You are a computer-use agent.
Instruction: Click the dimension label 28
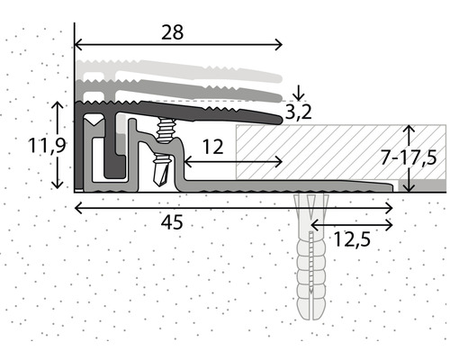pos(172,32)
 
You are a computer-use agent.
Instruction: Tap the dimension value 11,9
pos(47,146)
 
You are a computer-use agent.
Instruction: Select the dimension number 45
pos(172,222)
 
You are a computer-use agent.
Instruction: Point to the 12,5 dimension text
pos(352,239)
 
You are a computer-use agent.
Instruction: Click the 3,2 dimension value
pos(298,112)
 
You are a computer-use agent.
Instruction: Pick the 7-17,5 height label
pos(409,157)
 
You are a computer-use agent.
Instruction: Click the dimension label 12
pos(213,147)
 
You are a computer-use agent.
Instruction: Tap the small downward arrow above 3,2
pos(298,93)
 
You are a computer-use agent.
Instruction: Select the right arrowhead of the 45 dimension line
pos(390,208)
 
